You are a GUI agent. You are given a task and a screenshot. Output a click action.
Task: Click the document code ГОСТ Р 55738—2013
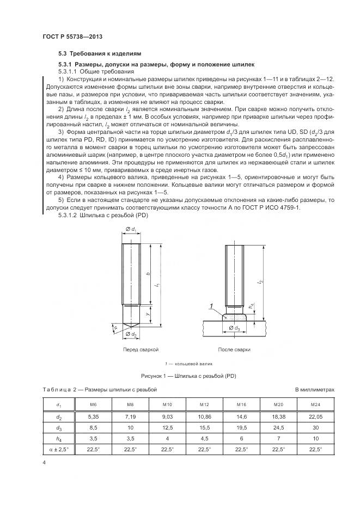[x=72, y=36]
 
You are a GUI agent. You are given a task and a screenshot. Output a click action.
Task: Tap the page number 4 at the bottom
[x=44, y=463]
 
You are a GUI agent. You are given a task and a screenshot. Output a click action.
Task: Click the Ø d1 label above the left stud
[x=131, y=229]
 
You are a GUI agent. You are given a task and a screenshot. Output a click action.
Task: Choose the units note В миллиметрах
[x=314, y=390]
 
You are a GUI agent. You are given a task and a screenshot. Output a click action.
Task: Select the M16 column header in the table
[x=242, y=405]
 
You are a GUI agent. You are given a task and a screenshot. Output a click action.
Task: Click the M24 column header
[x=315, y=405]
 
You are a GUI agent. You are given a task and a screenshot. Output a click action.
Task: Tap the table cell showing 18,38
[x=278, y=416]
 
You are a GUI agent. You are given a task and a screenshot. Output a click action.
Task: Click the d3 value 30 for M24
[x=315, y=427]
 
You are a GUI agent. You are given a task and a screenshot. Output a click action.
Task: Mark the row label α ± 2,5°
[x=58, y=450]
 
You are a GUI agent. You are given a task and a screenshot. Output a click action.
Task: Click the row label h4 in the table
[x=58, y=438]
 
